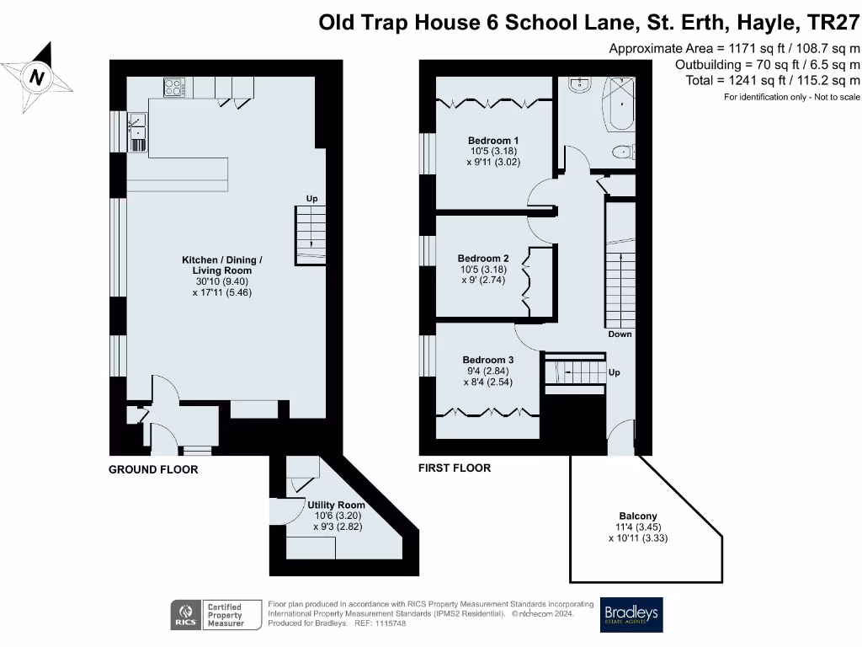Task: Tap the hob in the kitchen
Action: (x=174, y=86)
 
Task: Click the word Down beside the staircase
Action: (x=620, y=334)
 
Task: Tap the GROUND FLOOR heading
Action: (x=153, y=469)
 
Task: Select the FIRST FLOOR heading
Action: (x=455, y=468)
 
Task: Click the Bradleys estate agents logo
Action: (x=631, y=614)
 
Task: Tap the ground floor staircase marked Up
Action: (x=311, y=236)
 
